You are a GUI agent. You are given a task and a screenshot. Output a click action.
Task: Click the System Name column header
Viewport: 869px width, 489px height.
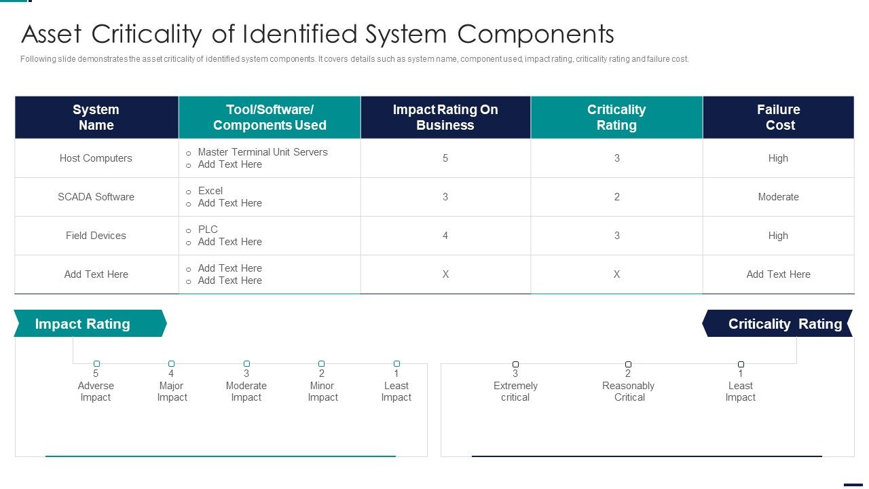point(96,117)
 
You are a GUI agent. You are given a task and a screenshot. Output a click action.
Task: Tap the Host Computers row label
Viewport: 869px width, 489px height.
point(96,158)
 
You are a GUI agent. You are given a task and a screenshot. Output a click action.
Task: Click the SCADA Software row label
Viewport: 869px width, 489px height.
point(96,197)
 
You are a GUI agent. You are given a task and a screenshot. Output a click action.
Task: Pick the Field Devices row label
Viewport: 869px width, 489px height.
point(96,236)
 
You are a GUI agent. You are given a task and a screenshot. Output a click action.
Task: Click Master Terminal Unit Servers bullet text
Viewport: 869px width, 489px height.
point(263,152)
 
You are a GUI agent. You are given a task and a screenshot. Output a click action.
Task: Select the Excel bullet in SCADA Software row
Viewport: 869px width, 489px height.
point(210,191)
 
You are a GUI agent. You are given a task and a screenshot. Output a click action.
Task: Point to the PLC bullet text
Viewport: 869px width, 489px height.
point(208,230)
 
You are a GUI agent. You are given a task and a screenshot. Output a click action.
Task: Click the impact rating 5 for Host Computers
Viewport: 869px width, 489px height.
point(445,158)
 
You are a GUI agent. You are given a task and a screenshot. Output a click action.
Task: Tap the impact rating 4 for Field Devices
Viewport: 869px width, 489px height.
point(445,236)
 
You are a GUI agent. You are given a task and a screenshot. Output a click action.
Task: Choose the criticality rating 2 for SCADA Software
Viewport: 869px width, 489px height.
point(617,197)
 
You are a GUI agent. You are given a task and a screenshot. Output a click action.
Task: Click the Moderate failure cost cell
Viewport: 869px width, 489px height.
point(778,197)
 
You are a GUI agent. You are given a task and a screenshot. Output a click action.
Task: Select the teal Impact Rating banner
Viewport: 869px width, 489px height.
point(90,323)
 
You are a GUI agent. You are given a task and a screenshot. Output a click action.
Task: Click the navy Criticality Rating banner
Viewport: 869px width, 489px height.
point(777,323)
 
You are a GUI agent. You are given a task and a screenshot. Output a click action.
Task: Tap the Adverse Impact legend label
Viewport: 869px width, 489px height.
point(96,392)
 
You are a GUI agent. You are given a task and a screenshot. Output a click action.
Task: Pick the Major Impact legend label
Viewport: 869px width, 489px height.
point(172,392)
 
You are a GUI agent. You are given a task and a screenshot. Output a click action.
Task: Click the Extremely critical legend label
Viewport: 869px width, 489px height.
point(515,392)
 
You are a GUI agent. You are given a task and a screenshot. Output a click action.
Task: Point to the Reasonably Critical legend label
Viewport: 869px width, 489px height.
point(628,392)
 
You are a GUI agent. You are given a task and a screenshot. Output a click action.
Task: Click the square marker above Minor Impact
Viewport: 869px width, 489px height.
point(321,363)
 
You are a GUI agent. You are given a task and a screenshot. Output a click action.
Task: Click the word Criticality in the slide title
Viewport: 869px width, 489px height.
point(146,34)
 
